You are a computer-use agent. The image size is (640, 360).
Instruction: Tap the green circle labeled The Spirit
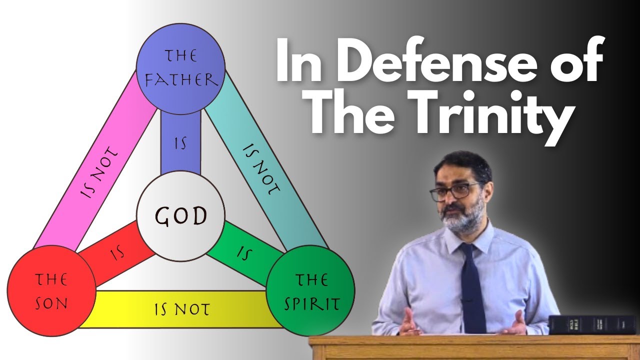pos(310,290)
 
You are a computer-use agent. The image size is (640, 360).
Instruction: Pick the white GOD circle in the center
pos(180,216)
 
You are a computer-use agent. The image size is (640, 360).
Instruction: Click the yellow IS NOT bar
pos(181,309)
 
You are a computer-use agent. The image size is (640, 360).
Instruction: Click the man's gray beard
pos(463,220)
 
